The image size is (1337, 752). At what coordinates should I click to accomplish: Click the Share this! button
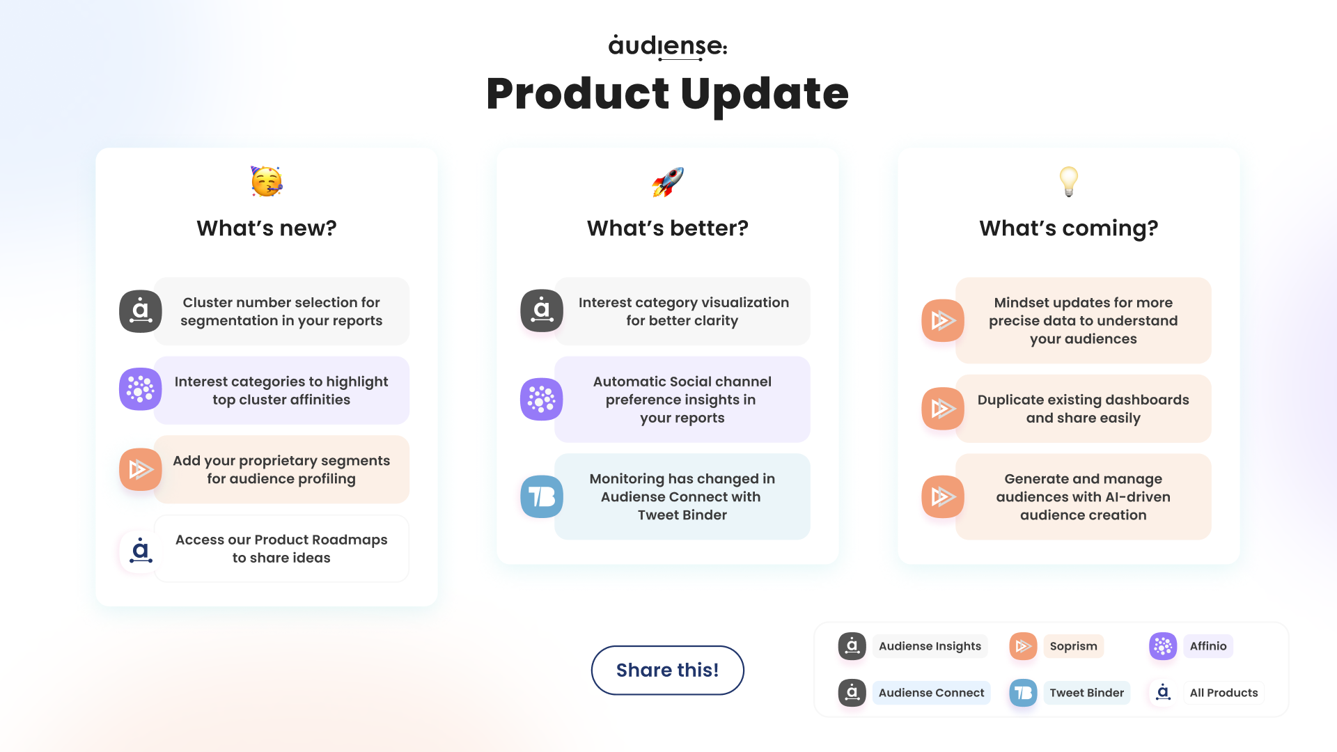tap(667, 670)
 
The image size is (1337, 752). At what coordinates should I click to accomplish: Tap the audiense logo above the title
tap(667, 47)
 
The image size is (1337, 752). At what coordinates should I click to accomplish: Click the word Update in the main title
tap(765, 94)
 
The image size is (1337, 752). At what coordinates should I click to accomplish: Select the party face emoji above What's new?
tap(267, 182)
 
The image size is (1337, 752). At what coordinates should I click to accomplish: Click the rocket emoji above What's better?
tap(667, 182)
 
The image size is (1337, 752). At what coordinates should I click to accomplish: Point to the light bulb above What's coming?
tap(1068, 182)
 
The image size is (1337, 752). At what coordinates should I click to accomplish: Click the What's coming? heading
tap(1068, 228)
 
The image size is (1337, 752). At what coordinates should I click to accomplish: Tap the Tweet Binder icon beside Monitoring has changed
tap(542, 496)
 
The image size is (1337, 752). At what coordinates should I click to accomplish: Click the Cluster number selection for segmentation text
tap(281, 311)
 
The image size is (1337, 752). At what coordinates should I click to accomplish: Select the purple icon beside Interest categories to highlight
tap(141, 389)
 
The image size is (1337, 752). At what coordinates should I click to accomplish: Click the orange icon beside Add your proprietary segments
tap(141, 469)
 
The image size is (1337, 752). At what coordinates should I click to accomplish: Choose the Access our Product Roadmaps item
tap(281, 549)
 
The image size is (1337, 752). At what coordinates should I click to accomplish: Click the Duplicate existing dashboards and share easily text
tap(1083, 409)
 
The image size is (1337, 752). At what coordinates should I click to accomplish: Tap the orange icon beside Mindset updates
tap(943, 320)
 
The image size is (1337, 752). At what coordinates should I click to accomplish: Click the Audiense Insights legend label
tap(930, 646)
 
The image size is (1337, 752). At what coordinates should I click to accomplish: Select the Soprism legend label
tap(1073, 646)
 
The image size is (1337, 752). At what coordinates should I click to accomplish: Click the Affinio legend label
tap(1207, 646)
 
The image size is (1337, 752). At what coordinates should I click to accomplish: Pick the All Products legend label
tap(1223, 693)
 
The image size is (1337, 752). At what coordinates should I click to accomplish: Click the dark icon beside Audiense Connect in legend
tap(852, 693)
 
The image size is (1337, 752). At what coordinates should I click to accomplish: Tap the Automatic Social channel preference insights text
tap(682, 400)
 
